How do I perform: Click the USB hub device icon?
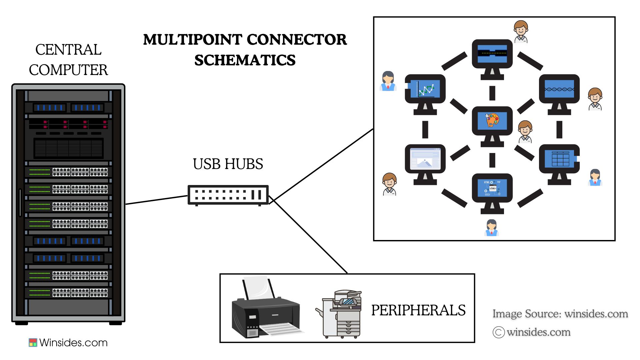pyautogui.click(x=228, y=195)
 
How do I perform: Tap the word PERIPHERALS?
pyautogui.click(x=418, y=310)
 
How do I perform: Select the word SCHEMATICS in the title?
pyautogui.click(x=245, y=60)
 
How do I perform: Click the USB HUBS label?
pyautogui.click(x=228, y=164)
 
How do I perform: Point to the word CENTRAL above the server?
pyautogui.click(x=68, y=50)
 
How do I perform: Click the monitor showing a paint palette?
pyautogui.click(x=492, y=121)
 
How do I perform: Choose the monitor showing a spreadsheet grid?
pyautogui.click(x=559, y=159)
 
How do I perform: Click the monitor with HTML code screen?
pyautogui.click(x=492, y=189)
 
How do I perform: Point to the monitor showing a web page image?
pyautogui.click(x=425, y=159)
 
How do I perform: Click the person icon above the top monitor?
pyautogui.click(x=521, y=31)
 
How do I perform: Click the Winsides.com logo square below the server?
pyautogui.click(x=33, y=343)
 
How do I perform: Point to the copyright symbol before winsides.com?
pyautogui.click(x=498, y=332)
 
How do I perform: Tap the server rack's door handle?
pyautogui.click(x=20, y=202)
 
